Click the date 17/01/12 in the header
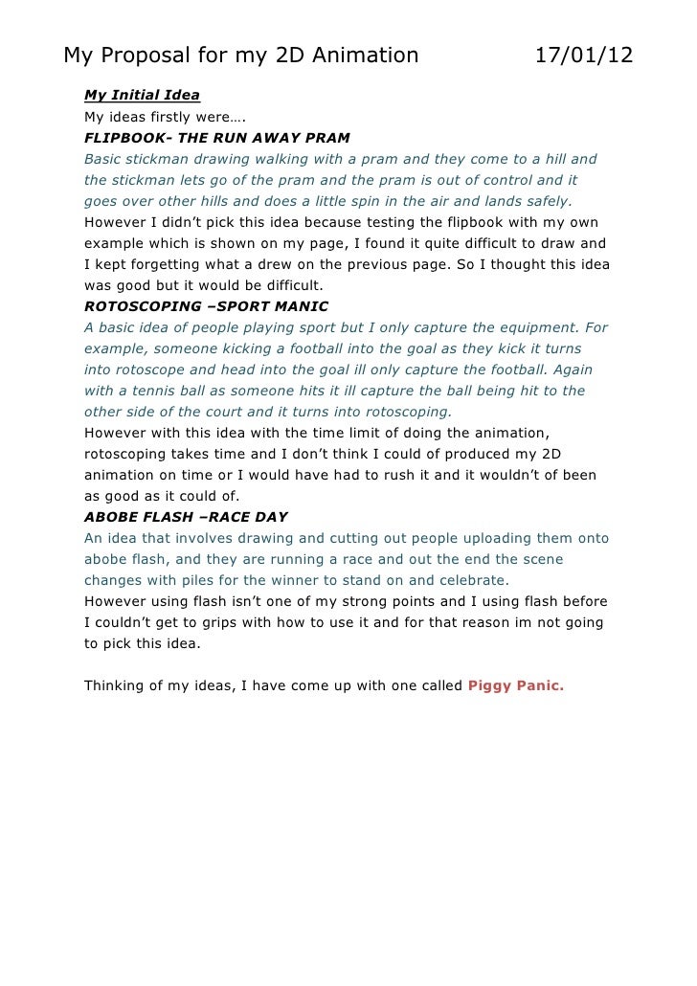(x=584, y=55)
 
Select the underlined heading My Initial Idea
(x=143, y=96)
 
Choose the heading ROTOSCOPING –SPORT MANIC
(x=206, y=306)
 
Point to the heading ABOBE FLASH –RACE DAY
(x=186, y=517)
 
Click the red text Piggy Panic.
(x=516, y=685)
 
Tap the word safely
(x=544, y=201)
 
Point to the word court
(x=224, y=412)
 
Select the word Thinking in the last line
(x=119, y=685)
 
